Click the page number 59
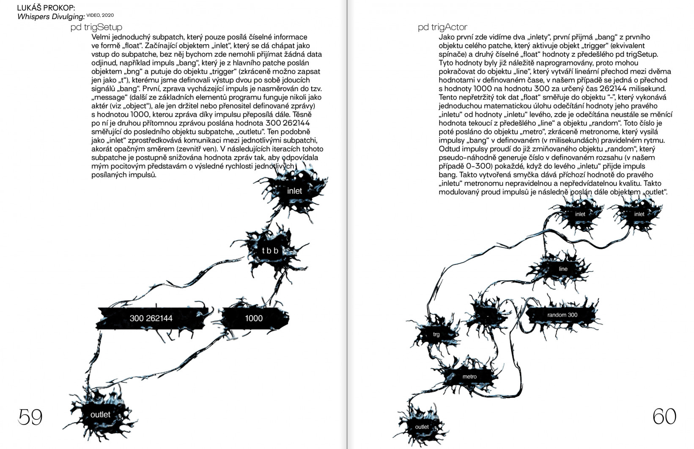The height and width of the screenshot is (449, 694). pyautogui.click(x=30, y=417)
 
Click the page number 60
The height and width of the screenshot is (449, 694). pyautogui.click(x=664, y=417)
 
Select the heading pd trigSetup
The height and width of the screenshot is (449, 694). pyautogui.click(x=96, y=28)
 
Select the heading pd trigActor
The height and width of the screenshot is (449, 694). pyautogui.click(x=442, y=28)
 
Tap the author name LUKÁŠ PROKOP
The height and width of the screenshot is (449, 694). pyautogui.click(x=46, y=8)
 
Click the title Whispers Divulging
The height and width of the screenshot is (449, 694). pyautogui.click(x=51, y=17)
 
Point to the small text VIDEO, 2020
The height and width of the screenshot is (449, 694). pyautogui.click(x=100, y=15)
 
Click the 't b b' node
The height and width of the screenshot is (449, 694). pyautogui.click(x=270, y=251)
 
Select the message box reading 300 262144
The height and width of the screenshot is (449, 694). pyautogui.click(x=151, y=318)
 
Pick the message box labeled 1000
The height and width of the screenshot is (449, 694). pyautogui.click(x=254, y=318)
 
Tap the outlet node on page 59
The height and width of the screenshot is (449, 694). pyautogui.click(x=100, y=415)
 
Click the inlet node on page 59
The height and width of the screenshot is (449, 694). pyautogui.click(x=294, y=191)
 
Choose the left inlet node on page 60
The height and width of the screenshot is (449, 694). pyautogui.click(x=580, y=214)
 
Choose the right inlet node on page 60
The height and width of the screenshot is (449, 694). pyautogui.click(x=639, y=214)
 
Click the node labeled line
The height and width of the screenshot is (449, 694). pyautogui.click(x=563, y=269)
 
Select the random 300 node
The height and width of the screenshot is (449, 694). pyautogui.click(x=562, y=315)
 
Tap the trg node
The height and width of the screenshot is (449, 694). pyautogui.click(x=436, y=334)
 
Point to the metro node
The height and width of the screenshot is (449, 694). pyautogui.click(x=469, y=377)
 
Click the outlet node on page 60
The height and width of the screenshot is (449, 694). pyautogui.click(x=422, y=427)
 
